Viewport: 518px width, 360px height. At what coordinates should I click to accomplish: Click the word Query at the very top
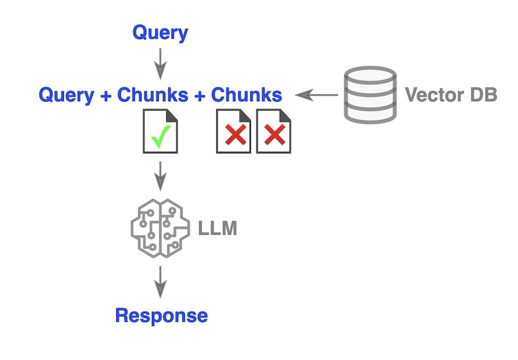click(x=160, y=33)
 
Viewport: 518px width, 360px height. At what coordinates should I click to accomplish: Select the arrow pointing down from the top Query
click(x=160, y=63)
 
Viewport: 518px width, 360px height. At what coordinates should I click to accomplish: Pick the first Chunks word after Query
click(x=153, y=95)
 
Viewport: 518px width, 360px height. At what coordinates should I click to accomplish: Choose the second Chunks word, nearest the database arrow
click(x=246, y=95)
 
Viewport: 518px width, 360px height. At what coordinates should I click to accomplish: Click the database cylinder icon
click(x=370, y=94)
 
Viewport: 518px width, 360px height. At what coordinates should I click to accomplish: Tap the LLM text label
click(x=218, y=229)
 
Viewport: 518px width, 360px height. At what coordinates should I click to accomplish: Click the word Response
click(x=161, y=315)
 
